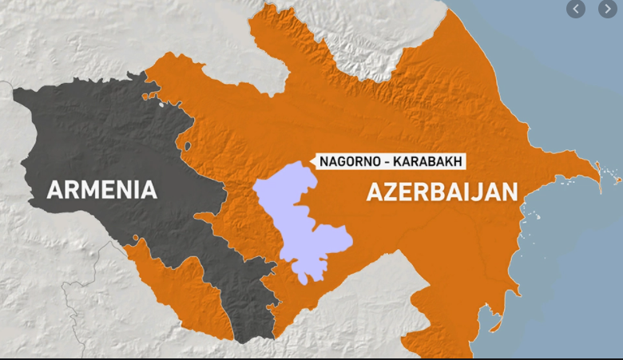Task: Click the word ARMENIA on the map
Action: click(x=101, y=190)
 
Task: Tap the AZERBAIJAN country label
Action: click(x=442, y=192)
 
